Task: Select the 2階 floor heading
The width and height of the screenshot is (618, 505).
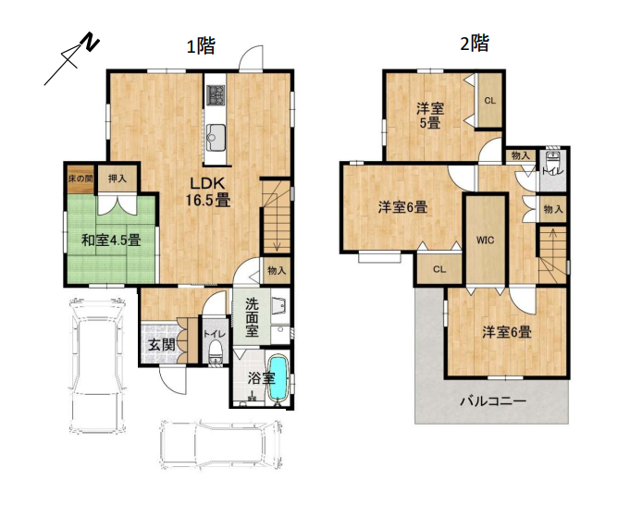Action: (475, 43)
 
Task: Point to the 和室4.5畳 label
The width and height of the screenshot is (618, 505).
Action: (110, 240)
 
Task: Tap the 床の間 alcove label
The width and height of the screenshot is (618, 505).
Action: (80, 178)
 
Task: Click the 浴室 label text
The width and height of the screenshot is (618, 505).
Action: (261, 377)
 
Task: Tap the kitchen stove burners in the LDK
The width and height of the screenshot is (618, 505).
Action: (216, 94)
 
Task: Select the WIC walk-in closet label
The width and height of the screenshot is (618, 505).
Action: (486, 240)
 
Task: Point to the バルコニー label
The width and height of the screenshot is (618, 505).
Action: (493, 401)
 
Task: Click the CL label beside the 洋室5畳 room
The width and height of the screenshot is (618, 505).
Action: (489, 101)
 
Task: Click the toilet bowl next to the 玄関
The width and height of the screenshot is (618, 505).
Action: (215, 350)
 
